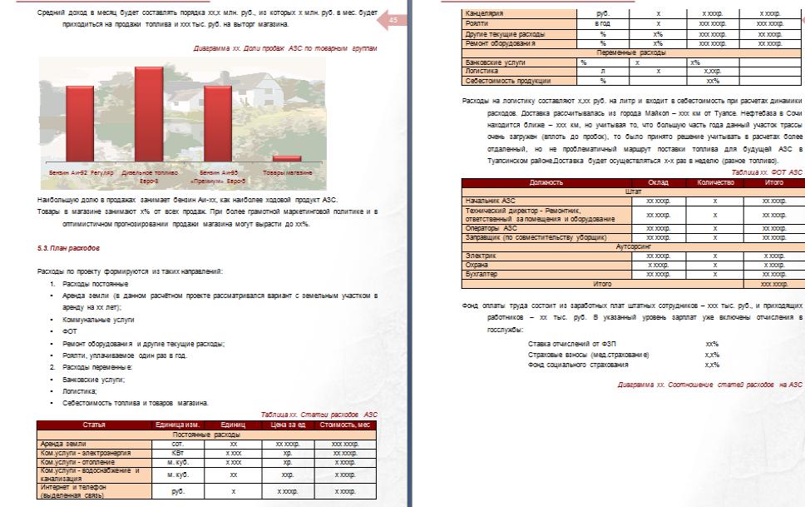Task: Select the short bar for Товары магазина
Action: [286, 157]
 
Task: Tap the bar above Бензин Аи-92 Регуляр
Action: [80, 122]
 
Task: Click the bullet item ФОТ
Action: [69, 331]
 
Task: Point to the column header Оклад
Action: [659, 181]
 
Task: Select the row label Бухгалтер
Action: [488, 273]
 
